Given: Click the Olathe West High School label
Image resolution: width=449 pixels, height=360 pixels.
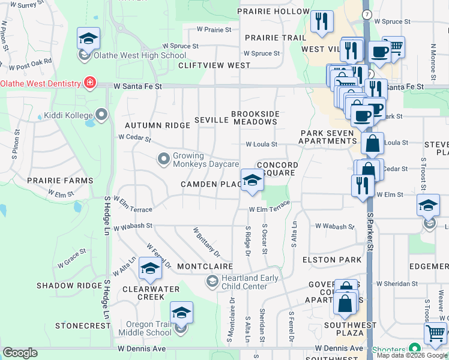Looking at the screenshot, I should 140,56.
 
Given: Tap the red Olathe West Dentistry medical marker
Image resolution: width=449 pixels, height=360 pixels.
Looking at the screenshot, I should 90,82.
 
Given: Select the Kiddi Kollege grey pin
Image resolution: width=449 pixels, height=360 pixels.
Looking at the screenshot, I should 101,114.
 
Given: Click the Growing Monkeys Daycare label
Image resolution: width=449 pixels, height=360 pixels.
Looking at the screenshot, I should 206,159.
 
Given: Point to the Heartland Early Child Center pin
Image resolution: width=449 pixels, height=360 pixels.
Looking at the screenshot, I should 211,281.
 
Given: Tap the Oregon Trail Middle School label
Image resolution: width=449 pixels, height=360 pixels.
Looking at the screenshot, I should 142,328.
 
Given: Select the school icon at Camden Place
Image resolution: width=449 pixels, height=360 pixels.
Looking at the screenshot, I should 252,179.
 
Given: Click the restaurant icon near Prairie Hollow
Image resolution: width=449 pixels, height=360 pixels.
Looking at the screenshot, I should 322,22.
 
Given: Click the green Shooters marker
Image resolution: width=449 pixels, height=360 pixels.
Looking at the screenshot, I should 414,349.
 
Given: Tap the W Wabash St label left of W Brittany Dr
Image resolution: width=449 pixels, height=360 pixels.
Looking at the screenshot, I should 133,227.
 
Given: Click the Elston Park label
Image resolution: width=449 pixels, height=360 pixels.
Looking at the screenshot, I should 332,260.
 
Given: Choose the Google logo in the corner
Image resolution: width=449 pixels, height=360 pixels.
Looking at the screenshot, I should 20,353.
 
